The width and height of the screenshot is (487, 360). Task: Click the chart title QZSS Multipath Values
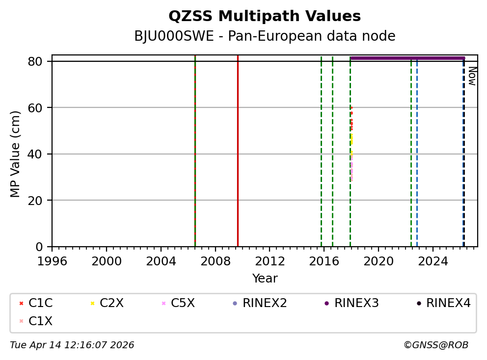coord(265,17)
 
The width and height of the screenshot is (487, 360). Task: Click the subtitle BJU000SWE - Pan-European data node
coord(265,36)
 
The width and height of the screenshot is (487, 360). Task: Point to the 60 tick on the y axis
coord(39,108)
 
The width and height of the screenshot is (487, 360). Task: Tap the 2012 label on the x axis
coord(270,261)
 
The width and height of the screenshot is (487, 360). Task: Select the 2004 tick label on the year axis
coord(161,261)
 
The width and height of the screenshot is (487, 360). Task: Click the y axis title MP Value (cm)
coord(16,154)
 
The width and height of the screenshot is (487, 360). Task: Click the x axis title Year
coord(265,279)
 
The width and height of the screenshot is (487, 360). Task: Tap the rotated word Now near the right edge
coord(472,76)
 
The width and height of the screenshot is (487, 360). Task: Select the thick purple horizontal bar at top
coord(407,58)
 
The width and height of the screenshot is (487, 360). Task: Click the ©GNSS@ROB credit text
coord(436,345)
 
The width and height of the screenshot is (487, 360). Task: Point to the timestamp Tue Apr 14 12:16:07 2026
coord(72,345)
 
